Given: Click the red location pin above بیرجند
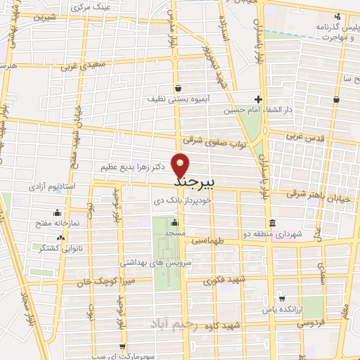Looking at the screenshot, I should [x=181, y=165].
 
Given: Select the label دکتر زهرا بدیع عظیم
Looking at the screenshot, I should [x=135, y=167].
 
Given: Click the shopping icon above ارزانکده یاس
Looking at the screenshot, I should [x=281, y=298].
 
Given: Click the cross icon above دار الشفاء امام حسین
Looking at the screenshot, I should [x=259, y=99].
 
